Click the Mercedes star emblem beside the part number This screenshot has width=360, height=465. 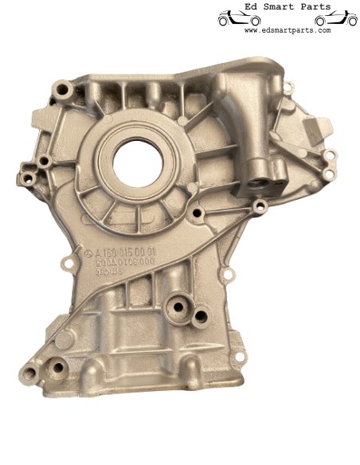(88, 252)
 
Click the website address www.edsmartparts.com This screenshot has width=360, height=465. (287, 30)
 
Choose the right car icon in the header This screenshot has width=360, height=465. (335, 18)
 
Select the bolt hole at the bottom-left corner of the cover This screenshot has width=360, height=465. (30, 374)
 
